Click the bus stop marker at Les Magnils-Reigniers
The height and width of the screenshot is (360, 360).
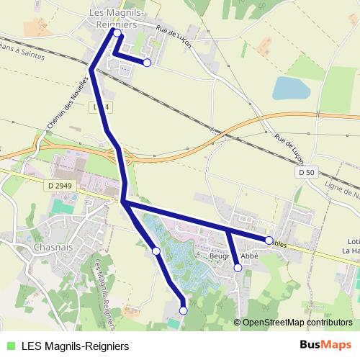pyautogui.click(x=117, y=32)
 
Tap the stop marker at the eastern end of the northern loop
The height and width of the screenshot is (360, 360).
pyautogui.click(x=147, y=63)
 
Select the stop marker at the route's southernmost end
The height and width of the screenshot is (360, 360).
pyautogui.click(x=183, y=310)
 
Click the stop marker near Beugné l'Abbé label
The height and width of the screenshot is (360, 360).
pyautogui.click(x=238, y=268)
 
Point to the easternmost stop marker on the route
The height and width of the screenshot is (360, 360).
pyautogui.click(x=269, y=239)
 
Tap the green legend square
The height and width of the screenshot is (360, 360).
pyautogui.click(x=9, y=345)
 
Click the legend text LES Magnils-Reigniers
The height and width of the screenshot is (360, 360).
pyautogui.click(x=75, y=345)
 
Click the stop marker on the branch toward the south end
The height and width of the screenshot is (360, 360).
pyautogui.click(x=156, y=251)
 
